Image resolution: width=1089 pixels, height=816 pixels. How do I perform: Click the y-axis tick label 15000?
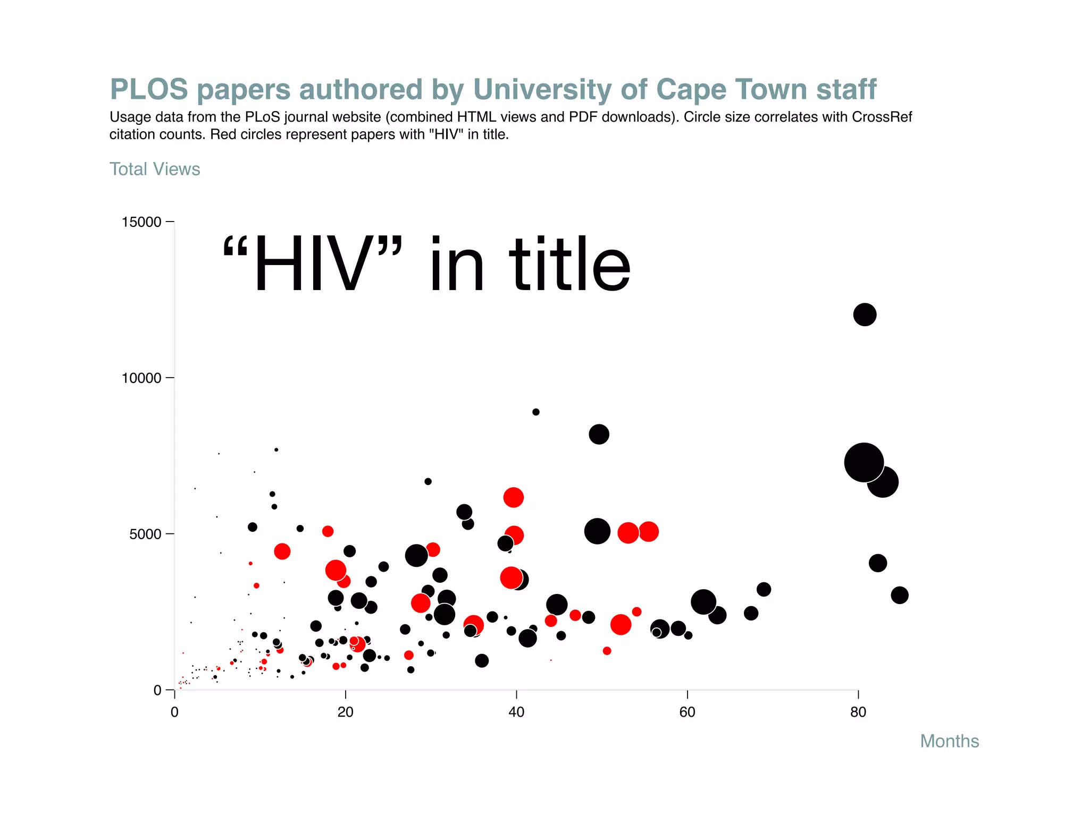pos(141,222)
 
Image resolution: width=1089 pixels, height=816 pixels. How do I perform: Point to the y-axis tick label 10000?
pos(141,378)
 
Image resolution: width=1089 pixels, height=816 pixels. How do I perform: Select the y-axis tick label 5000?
pos(145,534)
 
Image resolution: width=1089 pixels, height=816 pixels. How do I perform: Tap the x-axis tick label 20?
pos(345,712)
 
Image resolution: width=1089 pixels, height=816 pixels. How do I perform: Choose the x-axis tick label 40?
pos(516,712)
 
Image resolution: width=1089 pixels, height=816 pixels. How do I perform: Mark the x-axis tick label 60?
pos(687,712)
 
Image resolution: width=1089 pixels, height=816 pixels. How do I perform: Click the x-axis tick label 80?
pos(858,712)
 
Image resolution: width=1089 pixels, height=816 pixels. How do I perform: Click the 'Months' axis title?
pos(949,741)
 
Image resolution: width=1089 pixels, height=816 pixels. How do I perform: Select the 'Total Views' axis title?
pos(155,169)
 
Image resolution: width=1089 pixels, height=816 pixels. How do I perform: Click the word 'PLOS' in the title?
pos(149,89)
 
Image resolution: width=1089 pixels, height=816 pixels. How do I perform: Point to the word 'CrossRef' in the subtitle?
pos(882,117)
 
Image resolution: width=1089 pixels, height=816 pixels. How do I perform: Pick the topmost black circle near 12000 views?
pos(865,314)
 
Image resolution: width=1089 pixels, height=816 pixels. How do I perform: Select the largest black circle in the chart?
pos(864,462)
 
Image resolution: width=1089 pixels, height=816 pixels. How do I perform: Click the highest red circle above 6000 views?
pos(513,497)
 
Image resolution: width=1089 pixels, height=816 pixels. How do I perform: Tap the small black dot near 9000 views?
pos(535,412)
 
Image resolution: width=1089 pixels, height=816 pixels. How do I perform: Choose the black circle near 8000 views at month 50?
pos(599,434)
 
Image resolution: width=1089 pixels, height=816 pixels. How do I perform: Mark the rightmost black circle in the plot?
pos(899,595)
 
